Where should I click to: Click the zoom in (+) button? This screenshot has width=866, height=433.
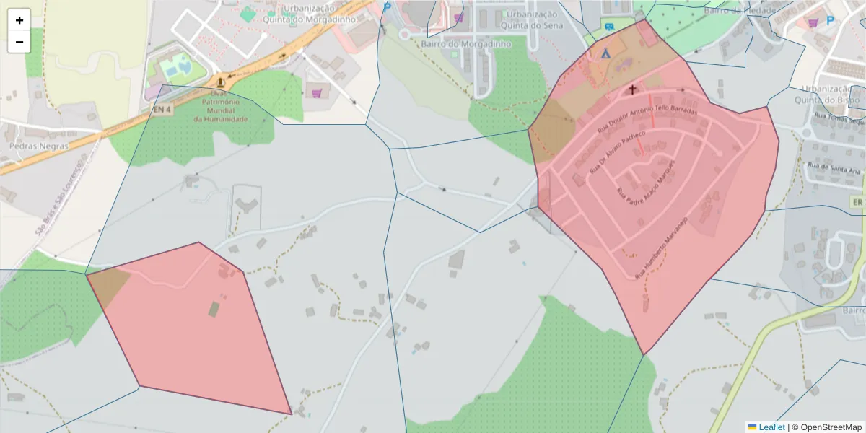click(x=19, y=20)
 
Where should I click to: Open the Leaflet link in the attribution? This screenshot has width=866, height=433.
click(x=771, y=427)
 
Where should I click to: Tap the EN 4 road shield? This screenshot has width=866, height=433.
click(x=162, y=110)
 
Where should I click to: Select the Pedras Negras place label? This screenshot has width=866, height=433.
click(x=38, y=146)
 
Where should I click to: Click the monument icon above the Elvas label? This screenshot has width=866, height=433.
click(x=219, y=82)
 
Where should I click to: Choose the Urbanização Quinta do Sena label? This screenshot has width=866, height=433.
click(x=531, y=19)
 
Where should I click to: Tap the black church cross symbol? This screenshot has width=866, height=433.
click(x=633, y=90)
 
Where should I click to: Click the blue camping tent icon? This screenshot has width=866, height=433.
click(x=605, y=53)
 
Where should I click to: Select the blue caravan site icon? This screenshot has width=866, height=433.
click(x=610, y=27)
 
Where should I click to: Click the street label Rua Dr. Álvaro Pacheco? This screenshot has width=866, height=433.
click(x=616, y=152)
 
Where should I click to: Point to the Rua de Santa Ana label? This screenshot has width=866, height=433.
click(x=834, y=168)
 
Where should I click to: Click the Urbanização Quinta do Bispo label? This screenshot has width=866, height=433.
click(x=830, y=94)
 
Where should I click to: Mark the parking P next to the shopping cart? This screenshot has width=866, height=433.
click(x=830, y=21)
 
